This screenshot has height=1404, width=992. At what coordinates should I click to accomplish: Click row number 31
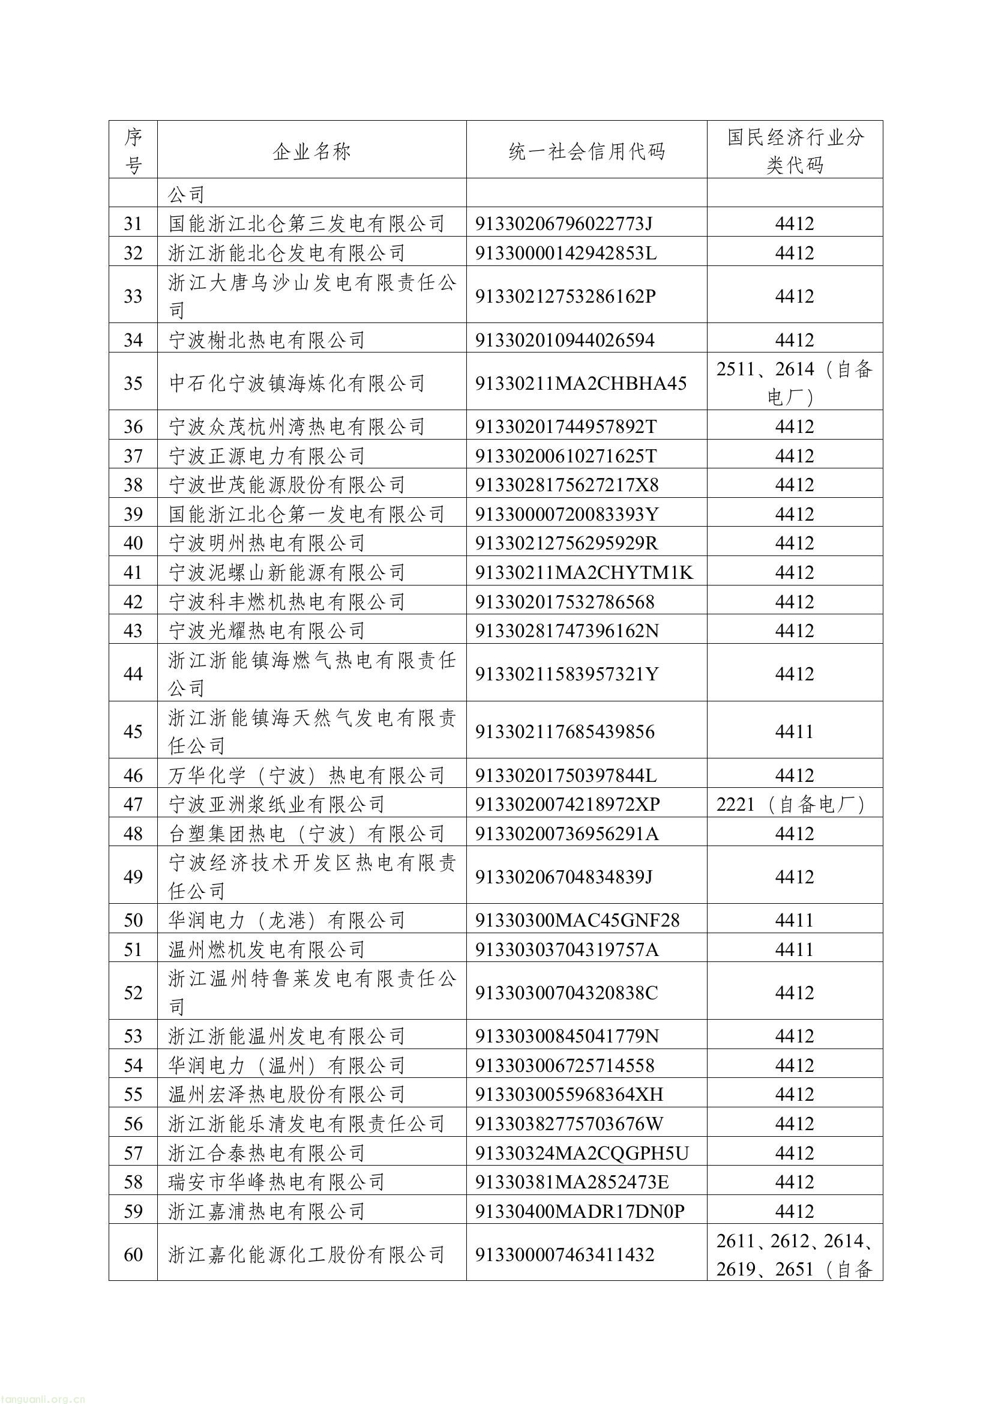pyautogui.click(x=133, y=223)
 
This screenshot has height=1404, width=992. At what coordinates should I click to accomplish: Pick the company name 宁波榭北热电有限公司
pyautogui.click(x=266, y=340)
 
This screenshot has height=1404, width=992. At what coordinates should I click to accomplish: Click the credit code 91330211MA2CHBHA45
pyautogui.click(x=581, y=383)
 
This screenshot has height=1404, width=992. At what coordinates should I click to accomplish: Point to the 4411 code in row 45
pyautogui.click(x=795, y=731)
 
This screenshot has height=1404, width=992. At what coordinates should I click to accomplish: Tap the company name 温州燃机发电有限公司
pyautogui.click(x=266, y=949)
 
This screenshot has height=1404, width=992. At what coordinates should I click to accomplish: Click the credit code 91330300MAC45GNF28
pyautogui.click(x=577, y=921)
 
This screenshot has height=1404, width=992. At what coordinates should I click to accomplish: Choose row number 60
pyautogui.click(x=133, y=1255)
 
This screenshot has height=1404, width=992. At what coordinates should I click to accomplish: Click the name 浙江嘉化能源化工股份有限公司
pyautogui.click(x=306, y=1255)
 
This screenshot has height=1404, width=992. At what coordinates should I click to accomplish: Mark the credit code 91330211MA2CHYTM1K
pyautogui.click(x=584, y=572)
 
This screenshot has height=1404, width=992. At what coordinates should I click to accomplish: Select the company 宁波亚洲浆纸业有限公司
pyautogui.click(x=276, y=804)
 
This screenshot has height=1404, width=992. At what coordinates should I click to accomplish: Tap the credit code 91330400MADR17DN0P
pyautogui.click(x=580, y=1211)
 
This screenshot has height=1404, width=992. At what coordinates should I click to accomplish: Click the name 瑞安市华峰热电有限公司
pyautogui.click(x=276, y=1182)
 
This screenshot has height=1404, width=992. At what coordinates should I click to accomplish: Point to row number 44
pyautogui.click(x=133, y=673)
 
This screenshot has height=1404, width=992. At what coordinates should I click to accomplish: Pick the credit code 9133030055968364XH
pyautogui.click(x=569, y=1094)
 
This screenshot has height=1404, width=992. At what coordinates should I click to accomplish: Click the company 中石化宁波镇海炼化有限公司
pyautogui.click(x=296, y=383)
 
